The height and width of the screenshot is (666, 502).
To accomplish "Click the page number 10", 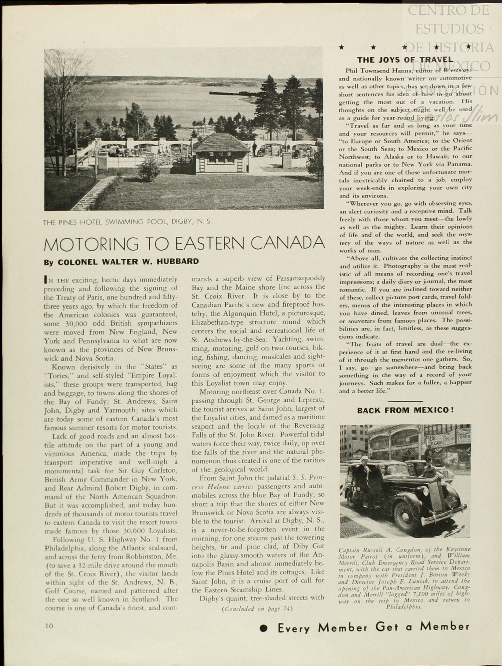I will click(x=49, y=626).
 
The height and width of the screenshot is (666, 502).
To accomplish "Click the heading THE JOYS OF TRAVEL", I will click(x=405, y=60).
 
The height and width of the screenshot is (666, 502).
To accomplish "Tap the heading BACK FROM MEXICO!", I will click(x=405, y=410).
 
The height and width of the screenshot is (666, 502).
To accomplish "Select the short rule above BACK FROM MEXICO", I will click(x=405, y=401).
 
